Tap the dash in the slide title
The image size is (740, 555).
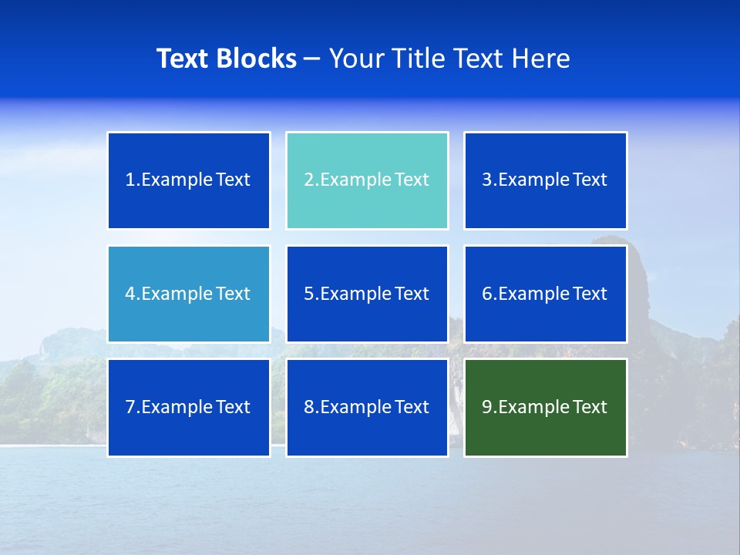[313, 59]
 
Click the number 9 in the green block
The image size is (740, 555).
[487, 407]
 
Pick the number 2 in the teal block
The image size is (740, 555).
[308, 180]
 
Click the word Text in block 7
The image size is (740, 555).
[233, 407]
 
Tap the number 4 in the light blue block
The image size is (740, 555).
[130, 294]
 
